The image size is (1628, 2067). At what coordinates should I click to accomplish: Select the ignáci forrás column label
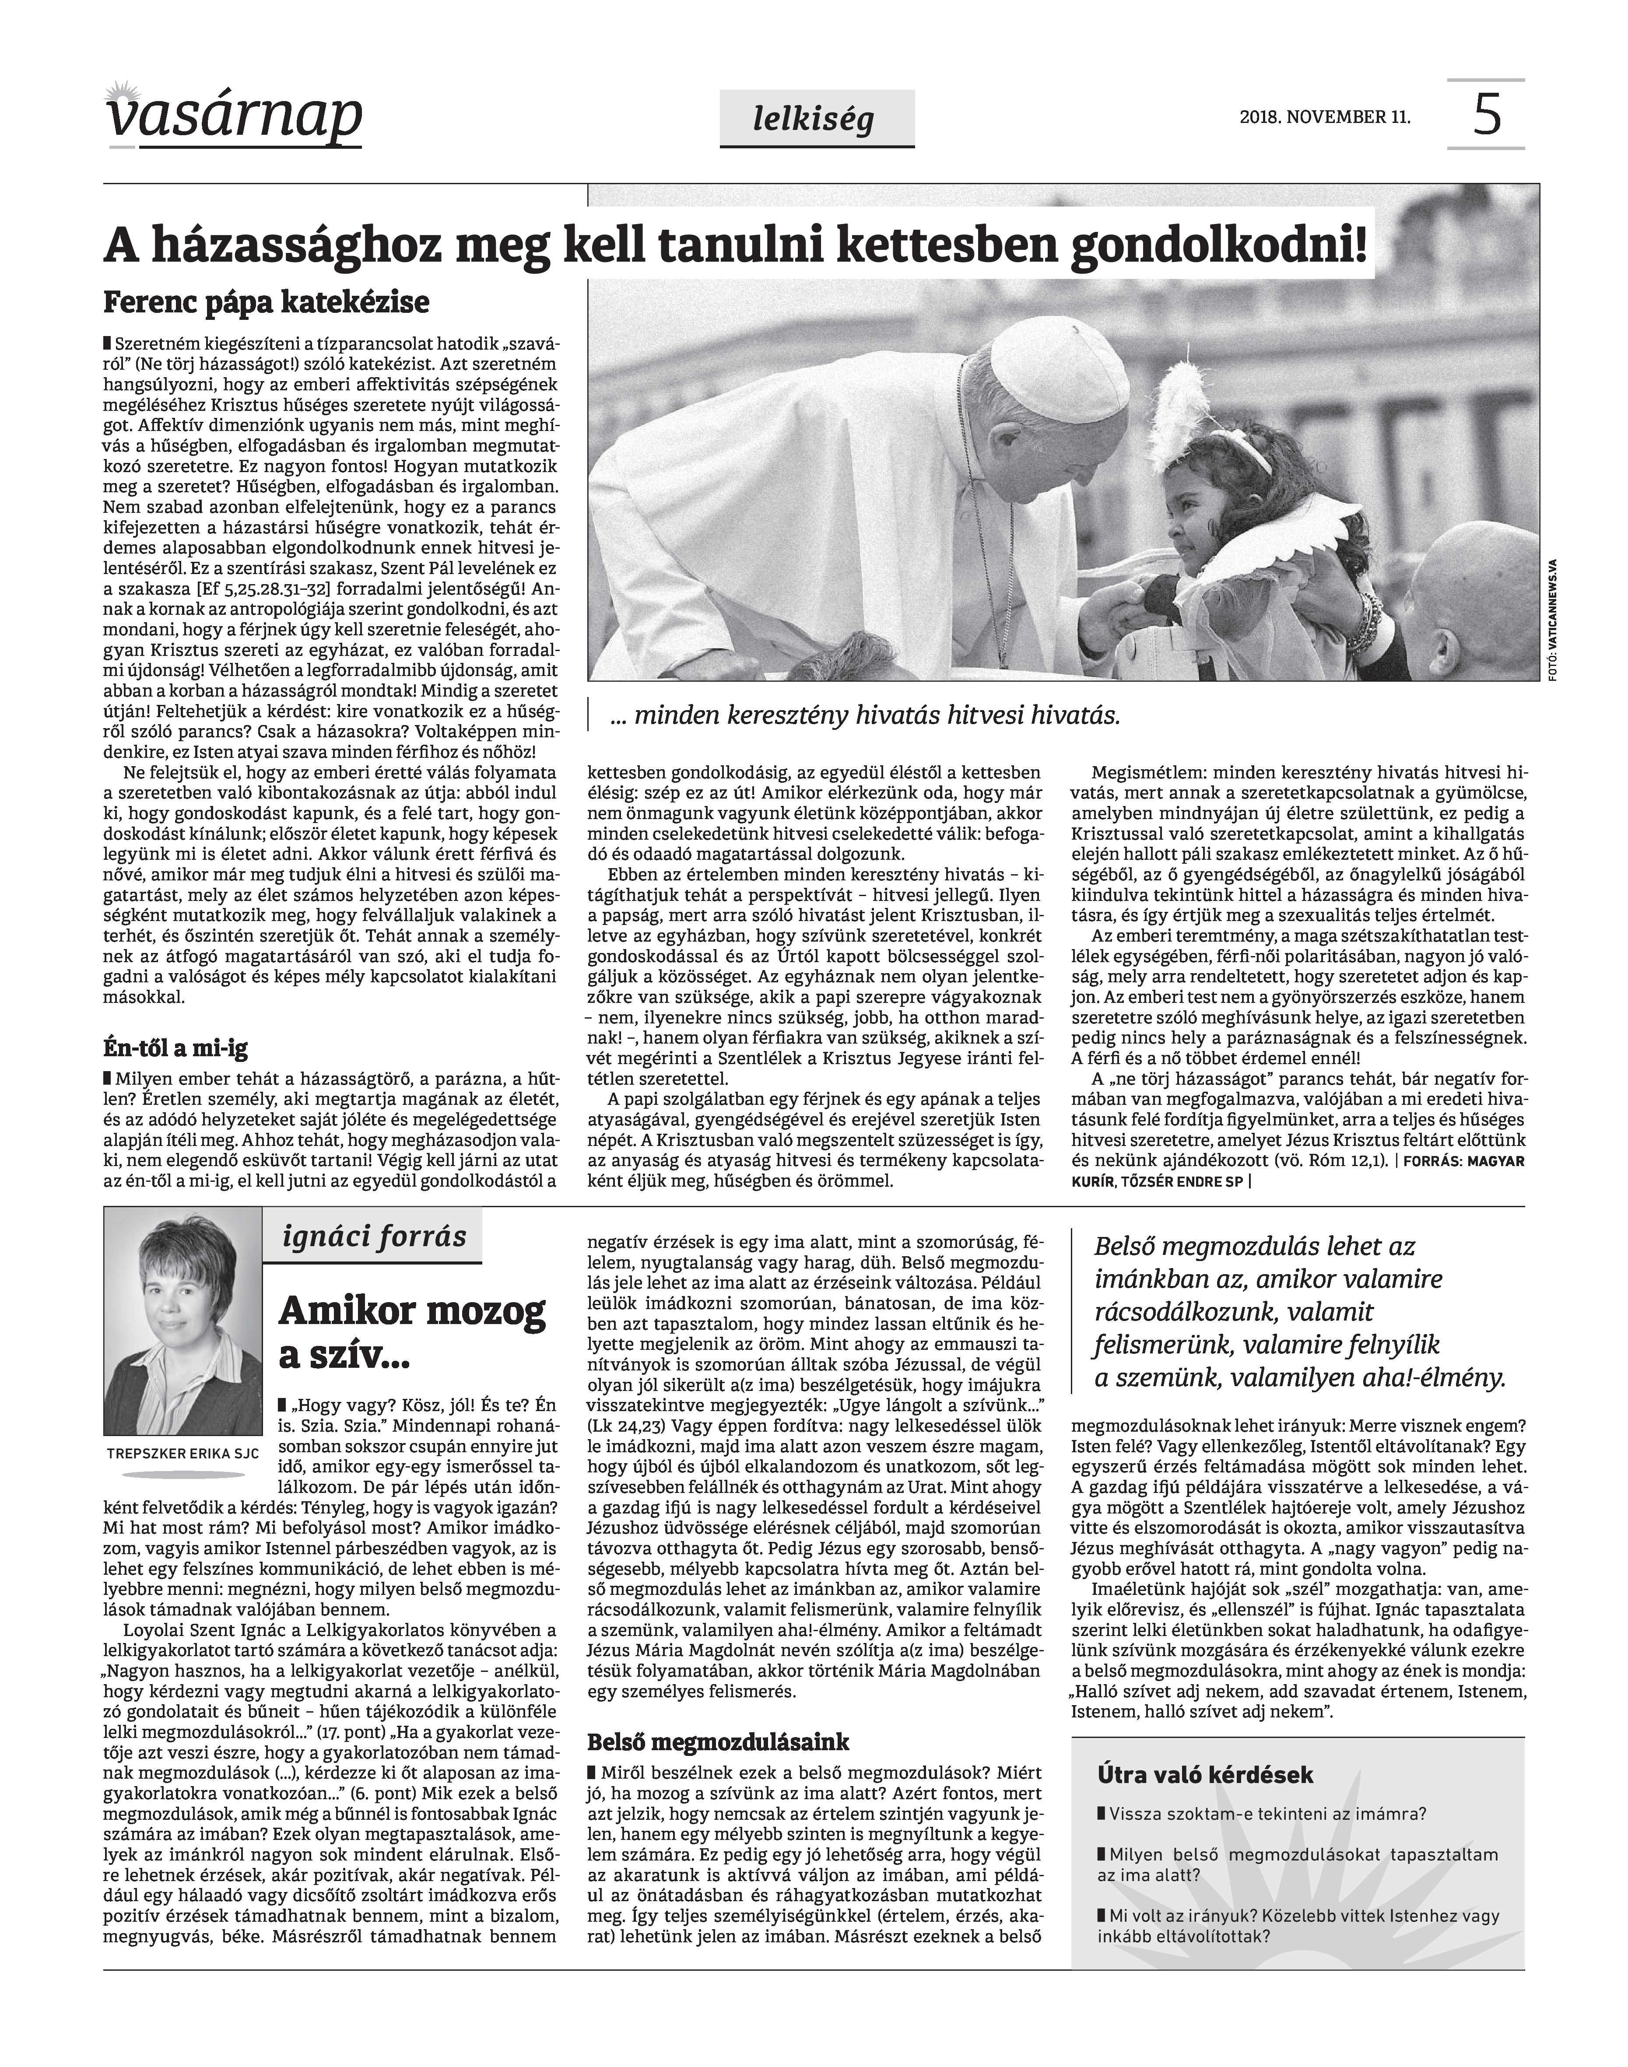375,1237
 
